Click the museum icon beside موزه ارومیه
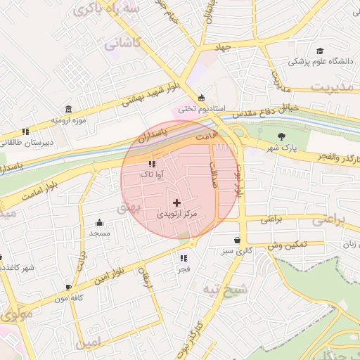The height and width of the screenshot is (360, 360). (67, 110)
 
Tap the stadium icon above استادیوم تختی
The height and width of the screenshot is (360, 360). (202, 98)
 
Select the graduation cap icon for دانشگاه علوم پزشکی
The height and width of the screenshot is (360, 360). (320, 51)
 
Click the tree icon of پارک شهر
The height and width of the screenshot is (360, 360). (282, 136)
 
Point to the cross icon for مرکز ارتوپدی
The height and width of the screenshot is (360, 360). (176, 202)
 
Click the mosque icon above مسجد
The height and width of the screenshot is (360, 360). (99, 222)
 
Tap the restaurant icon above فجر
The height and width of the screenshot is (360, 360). (184, 258)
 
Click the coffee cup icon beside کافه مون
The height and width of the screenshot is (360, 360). (68, 287)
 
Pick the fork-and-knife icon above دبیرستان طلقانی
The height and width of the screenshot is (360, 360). (25, 131)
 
